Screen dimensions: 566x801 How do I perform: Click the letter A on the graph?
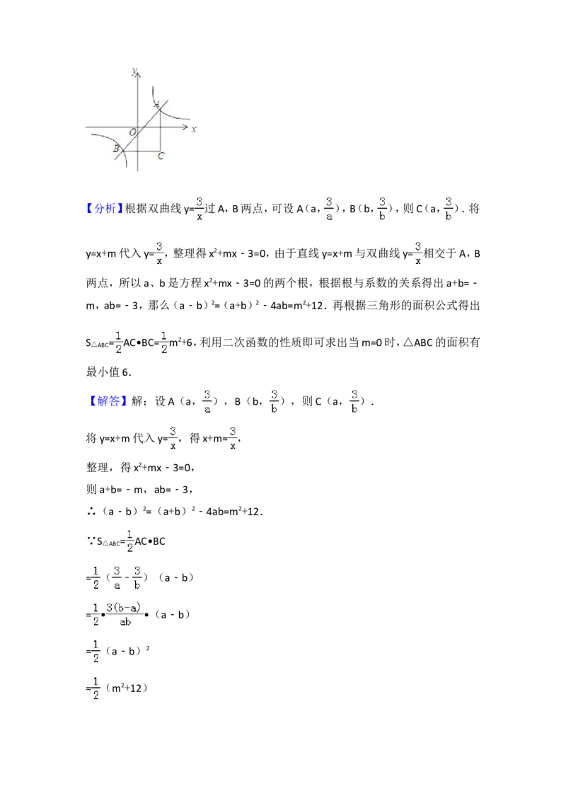coord(156,103)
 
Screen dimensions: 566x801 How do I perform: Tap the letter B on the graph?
coord(115,149)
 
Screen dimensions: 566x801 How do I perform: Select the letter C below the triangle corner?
coord(161,156)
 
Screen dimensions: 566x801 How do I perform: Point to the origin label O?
coord(132,132)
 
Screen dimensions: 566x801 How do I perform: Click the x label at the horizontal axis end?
coord(194,129)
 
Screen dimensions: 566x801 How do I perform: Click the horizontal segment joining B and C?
coord(141,151)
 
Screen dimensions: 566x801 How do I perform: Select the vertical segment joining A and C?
coord(161,134)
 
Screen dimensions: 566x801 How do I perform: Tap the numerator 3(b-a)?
coord(125,607)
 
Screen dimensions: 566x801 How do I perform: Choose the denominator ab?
coord(125,622)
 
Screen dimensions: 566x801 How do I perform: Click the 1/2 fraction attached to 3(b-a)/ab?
coord(96,613)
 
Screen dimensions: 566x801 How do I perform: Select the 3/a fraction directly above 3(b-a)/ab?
coord(117,577)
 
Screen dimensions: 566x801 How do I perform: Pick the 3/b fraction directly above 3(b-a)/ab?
coord(138,577)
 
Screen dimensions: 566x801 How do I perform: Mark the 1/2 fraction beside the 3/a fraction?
coord(96,577)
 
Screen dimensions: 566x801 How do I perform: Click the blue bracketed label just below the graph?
coord(105,208)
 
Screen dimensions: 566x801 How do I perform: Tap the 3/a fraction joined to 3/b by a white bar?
coord(329,209)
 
